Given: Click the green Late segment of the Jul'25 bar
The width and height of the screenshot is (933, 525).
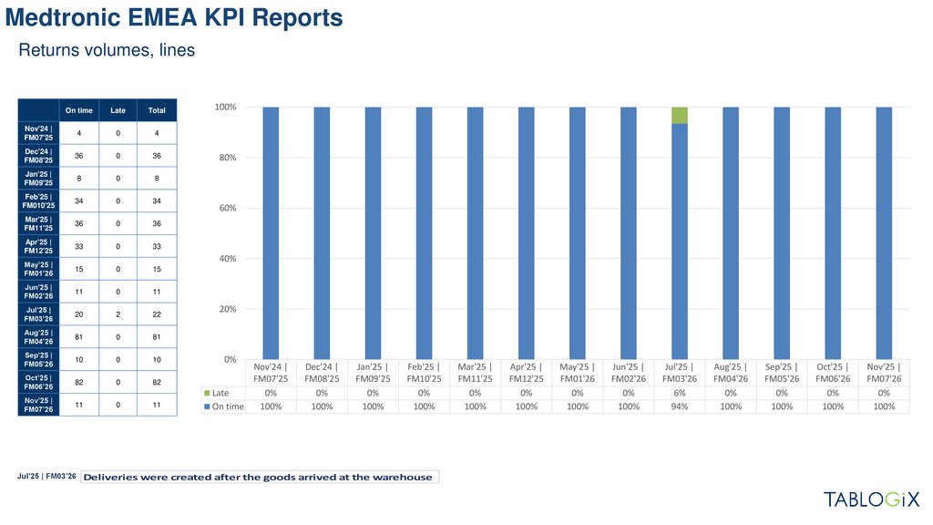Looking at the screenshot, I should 679,115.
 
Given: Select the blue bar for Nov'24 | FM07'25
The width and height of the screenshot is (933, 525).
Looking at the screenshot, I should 271,232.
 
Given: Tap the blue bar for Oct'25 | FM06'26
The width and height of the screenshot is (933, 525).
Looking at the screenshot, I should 832,232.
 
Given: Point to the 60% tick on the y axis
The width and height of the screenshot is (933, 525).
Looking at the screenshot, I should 225,208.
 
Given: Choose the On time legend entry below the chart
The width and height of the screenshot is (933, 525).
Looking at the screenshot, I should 223,407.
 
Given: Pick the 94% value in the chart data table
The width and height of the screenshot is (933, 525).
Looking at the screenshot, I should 679,407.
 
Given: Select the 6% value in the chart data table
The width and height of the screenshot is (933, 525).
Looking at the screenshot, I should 679,393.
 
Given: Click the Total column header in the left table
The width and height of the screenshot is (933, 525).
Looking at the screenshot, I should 157,110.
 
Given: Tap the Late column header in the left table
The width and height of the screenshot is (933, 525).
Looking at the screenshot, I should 118,110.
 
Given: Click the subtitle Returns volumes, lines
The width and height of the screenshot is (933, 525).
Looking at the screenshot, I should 107,51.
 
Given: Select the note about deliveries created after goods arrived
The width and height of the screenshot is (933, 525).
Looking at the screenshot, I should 259,478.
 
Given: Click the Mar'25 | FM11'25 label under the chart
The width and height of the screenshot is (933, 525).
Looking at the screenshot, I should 475,372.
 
